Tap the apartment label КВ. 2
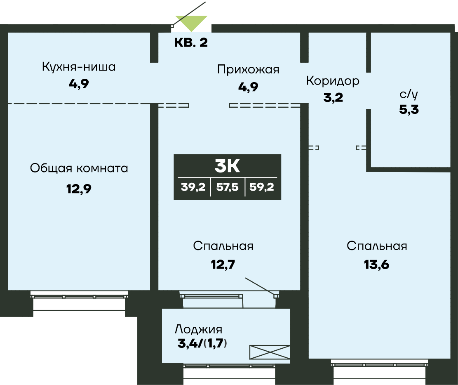click(191, 43)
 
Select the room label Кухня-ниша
click(79, 67)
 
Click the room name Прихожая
click(248, 69)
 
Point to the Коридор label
click(332, 81)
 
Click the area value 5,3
click(409, 110)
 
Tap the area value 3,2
click(333, 98)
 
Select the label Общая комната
click(79, 168)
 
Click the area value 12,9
click(79, 189)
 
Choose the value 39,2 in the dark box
click(193, 189)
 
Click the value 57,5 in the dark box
click(227, 189)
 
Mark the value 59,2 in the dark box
click(262, 189)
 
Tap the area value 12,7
click(223, 264)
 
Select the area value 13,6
click(376, 264)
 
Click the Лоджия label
click(199, 329)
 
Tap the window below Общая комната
click(79, 296)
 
